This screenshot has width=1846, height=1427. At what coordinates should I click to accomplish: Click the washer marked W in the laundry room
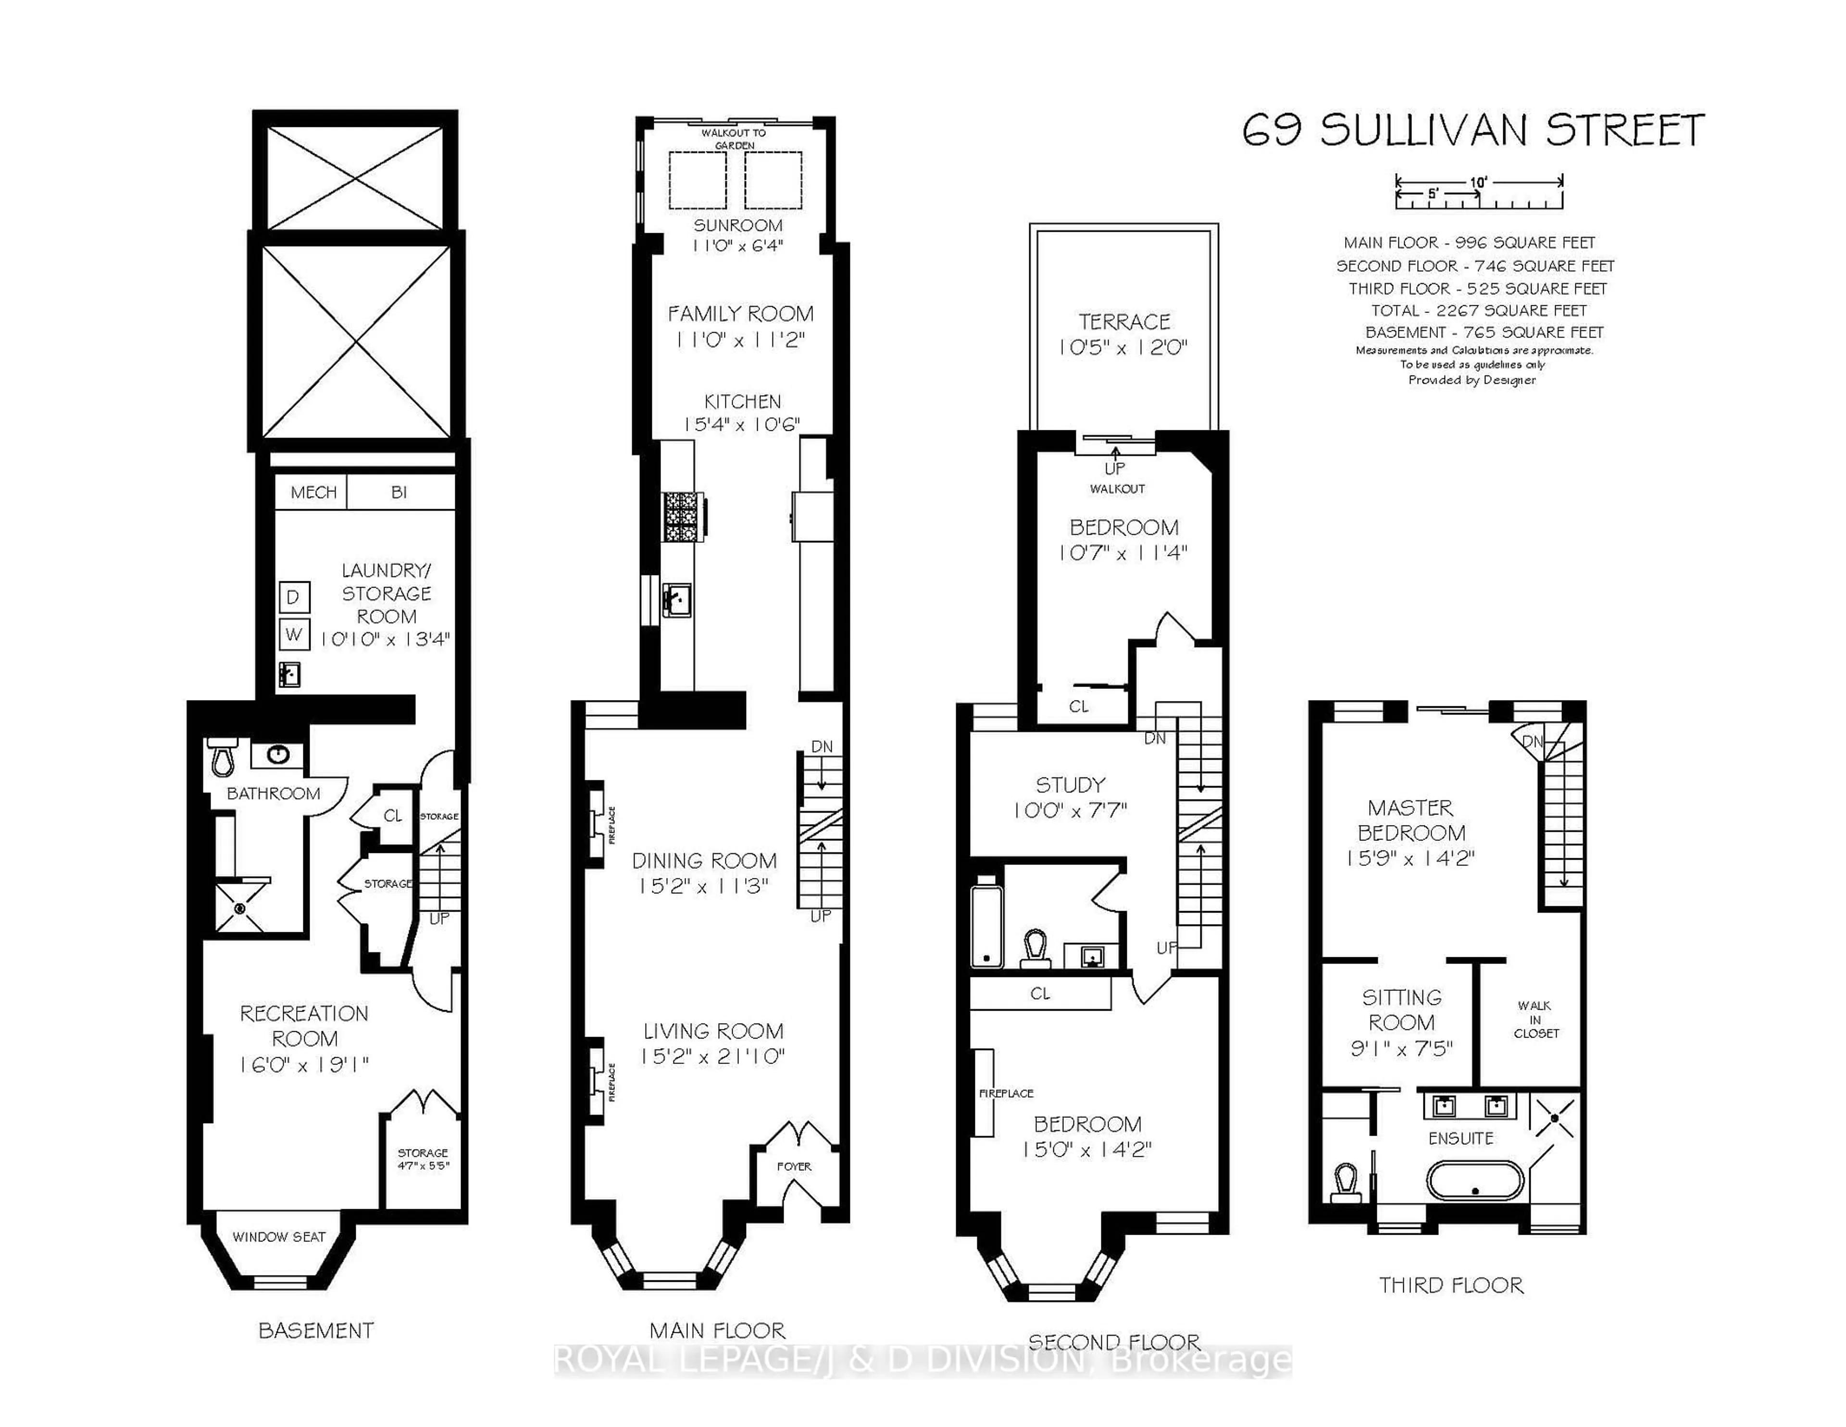pos(293,634)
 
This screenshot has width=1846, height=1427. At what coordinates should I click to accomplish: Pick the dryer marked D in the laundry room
pos(293,597)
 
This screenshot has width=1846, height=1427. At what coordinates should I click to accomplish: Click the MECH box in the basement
pos(313,492)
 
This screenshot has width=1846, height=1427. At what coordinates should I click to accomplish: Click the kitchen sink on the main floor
pos(676,600)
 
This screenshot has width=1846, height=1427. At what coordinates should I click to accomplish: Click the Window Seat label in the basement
pos(279,1237)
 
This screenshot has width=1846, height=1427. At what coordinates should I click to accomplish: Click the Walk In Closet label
pos(1535,1019)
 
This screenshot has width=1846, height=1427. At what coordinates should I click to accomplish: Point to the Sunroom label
pos(738,225)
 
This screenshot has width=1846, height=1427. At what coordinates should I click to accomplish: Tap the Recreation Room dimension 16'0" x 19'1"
pos(304,1064)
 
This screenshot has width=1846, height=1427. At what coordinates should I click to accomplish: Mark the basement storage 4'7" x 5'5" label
pos(423,1158)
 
